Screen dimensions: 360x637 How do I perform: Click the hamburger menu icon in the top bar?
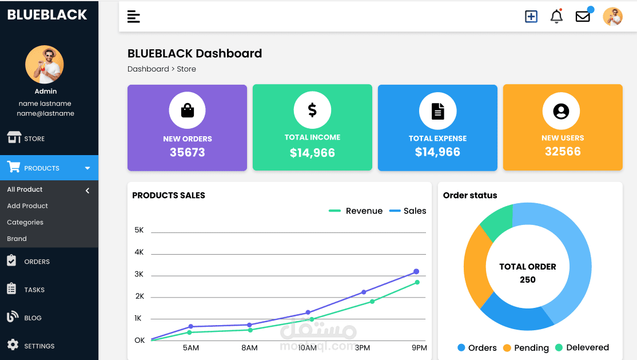(x=133, y=17)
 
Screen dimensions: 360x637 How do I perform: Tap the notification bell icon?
(x=556, y=17)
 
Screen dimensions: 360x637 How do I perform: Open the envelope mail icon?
(x=583, y=17)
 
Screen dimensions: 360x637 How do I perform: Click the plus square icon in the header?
(x=531, y=17)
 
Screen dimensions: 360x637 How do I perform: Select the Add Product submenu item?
(x=27, y=206)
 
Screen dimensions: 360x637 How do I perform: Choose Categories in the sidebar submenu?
(x=25, y=223)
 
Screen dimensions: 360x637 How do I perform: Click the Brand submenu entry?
(x=17, y=239)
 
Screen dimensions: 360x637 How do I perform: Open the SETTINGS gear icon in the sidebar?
(x=13, y=345)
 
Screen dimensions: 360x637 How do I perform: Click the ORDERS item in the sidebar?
(x=37, y=262)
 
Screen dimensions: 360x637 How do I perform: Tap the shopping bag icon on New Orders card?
(x=188, y=110)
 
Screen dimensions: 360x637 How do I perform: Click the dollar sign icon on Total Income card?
(x=312, y=110)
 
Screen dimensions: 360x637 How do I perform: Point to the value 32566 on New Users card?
(x=563, y=152)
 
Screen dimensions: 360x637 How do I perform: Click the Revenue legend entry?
(x=356, y=211)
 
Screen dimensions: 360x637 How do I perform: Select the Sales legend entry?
(x=408, y=211)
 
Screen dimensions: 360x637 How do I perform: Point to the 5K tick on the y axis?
(x=139, y=230)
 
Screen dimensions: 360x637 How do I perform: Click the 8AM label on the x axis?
(x=249, y=348)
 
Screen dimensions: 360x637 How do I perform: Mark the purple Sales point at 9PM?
(x=416, y=271)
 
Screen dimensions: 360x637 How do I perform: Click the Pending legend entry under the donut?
(x=525, y=348)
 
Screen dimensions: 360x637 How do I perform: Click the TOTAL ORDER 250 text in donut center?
(x=527, y=273)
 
